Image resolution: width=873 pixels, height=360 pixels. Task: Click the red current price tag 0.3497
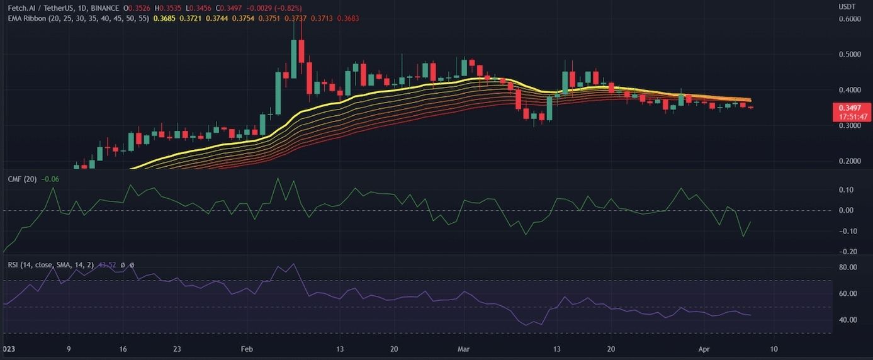pos(850,108)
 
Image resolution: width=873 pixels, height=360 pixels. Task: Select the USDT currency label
pos(847,7)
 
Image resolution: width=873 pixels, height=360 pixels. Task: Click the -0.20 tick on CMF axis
pos(848,251)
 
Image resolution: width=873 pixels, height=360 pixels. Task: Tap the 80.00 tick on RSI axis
pos(848,267)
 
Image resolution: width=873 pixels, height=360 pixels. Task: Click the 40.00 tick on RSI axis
pos(848,320)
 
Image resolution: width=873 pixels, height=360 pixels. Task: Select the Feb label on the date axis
pos(246,349)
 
